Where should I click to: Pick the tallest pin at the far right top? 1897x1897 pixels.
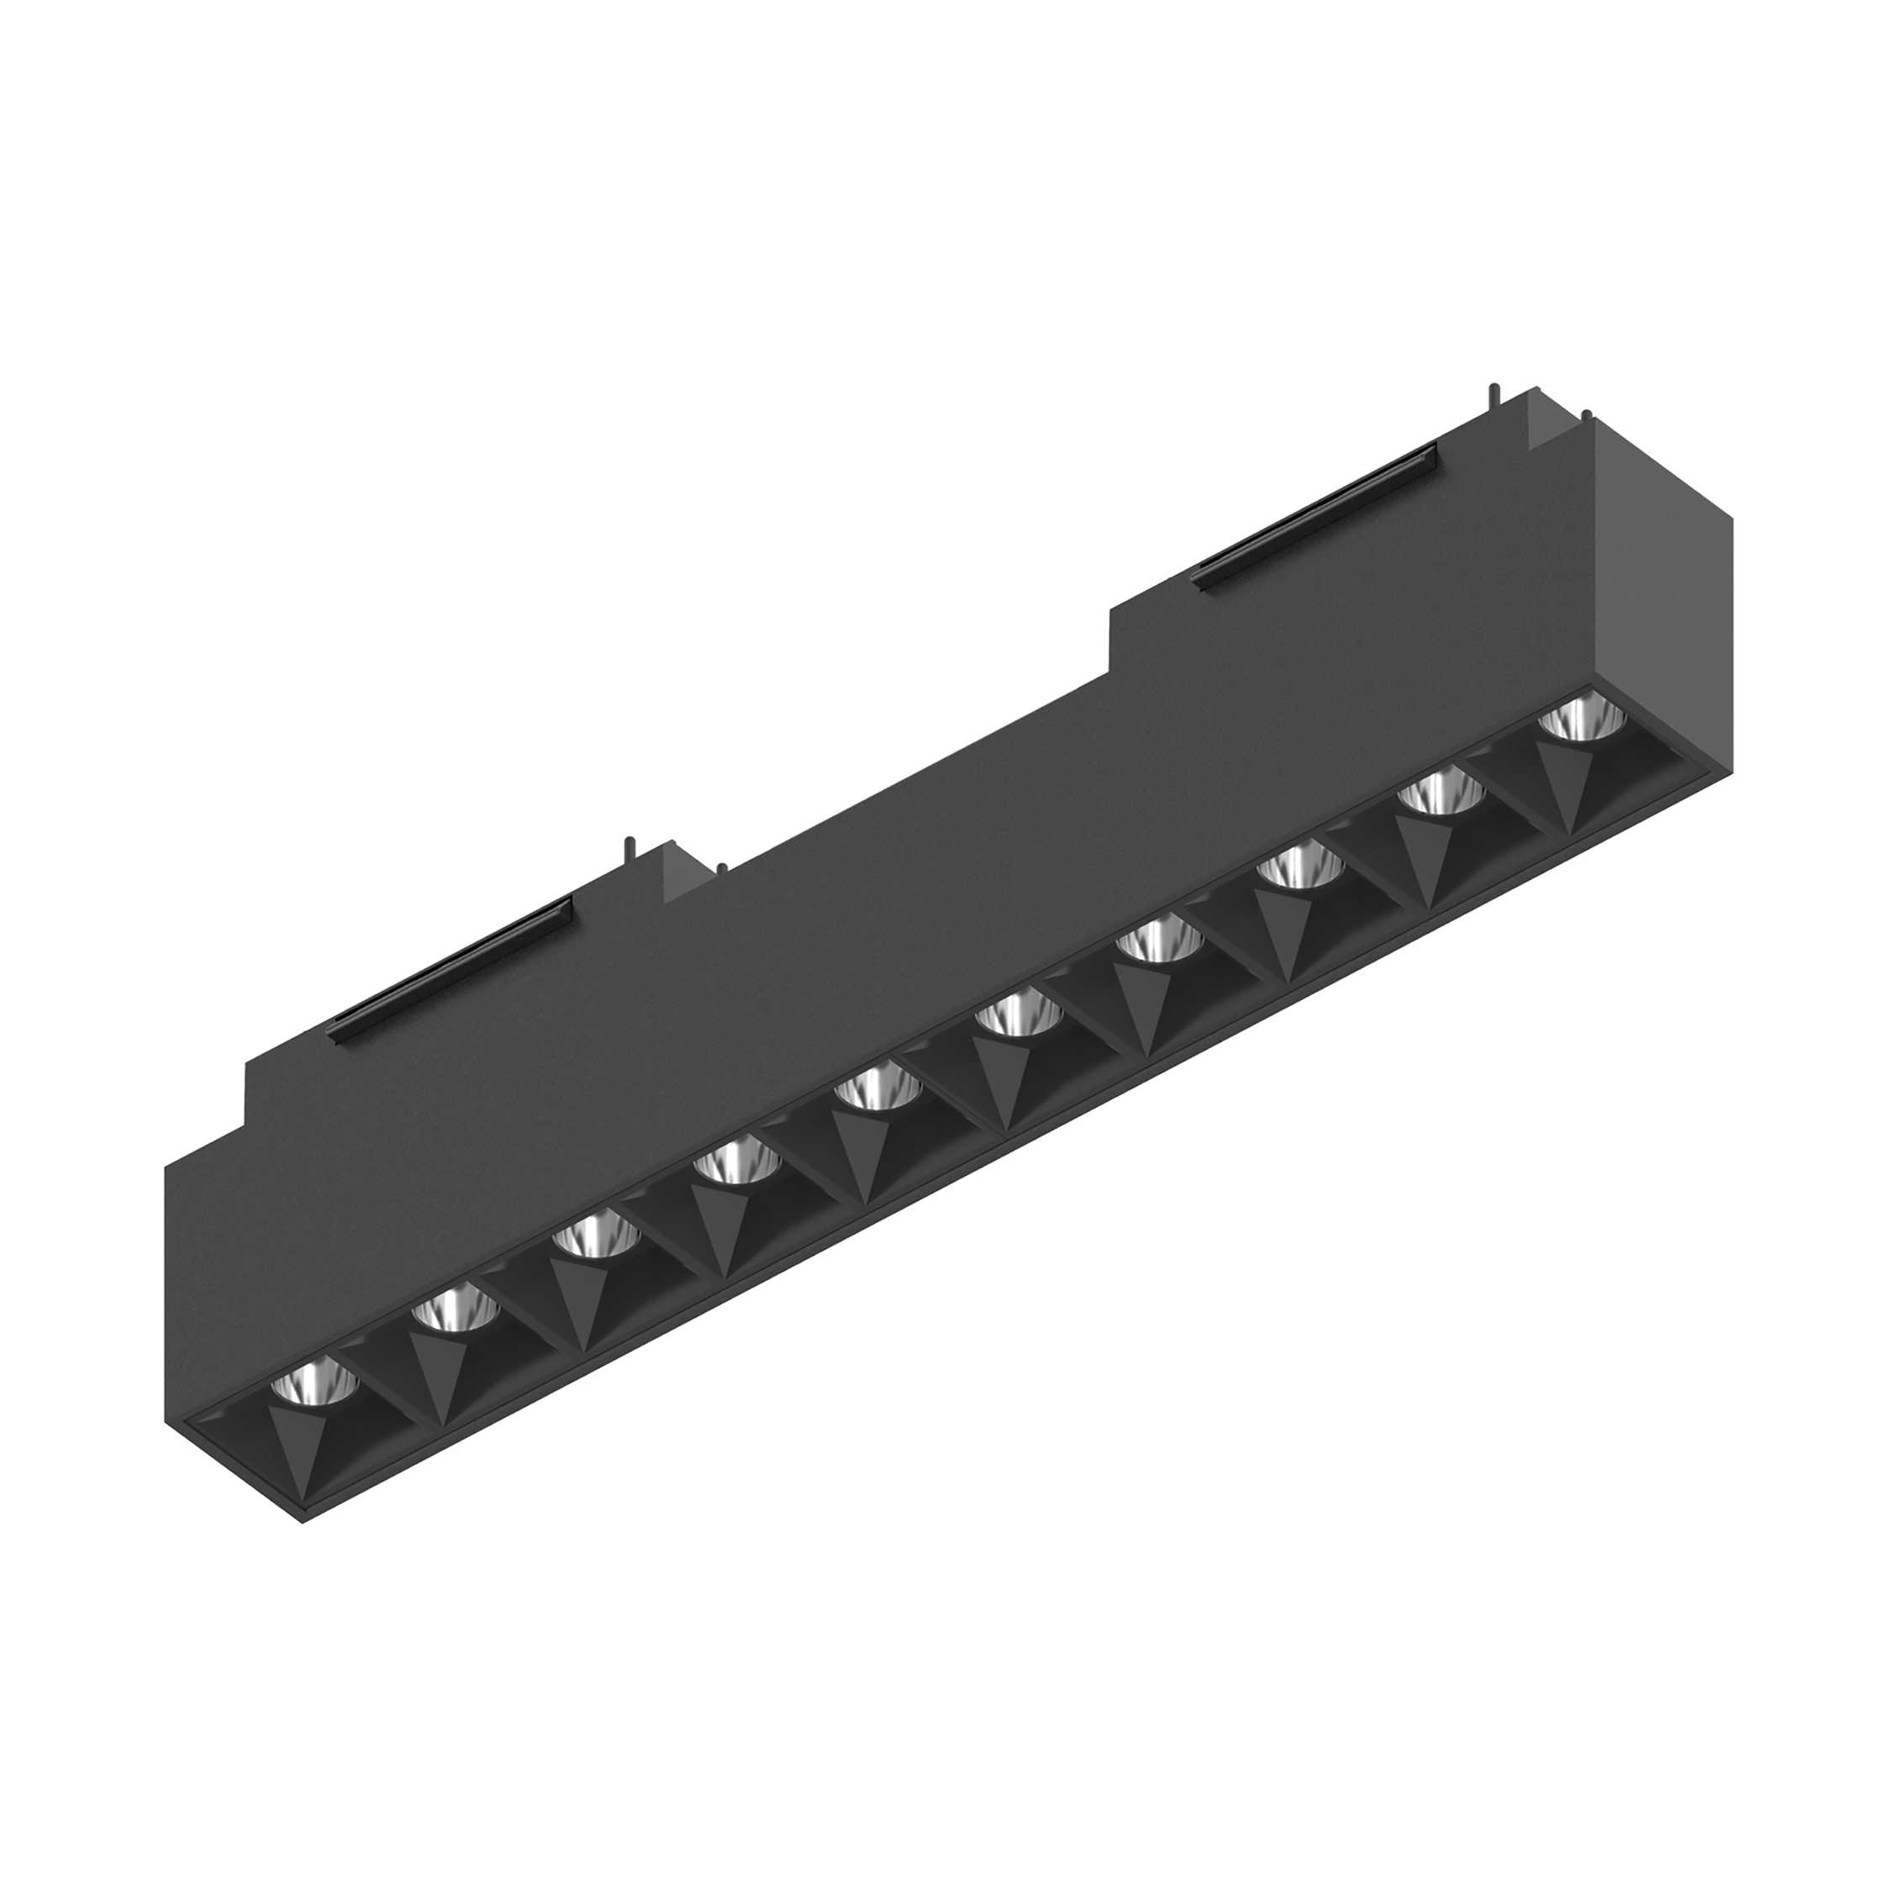[1494, 395]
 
